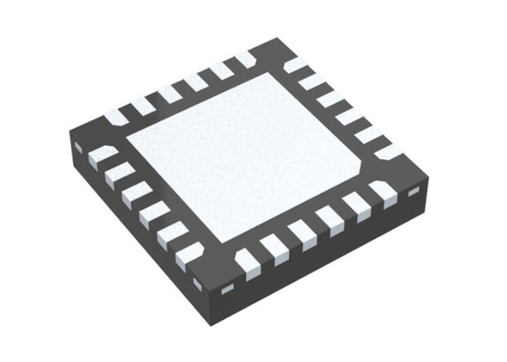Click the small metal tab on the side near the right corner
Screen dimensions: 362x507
[414, 192]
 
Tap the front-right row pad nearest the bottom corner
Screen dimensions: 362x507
[245, 262]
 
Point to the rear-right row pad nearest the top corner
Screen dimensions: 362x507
[294, 66]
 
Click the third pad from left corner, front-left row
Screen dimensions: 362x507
[135, 189]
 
